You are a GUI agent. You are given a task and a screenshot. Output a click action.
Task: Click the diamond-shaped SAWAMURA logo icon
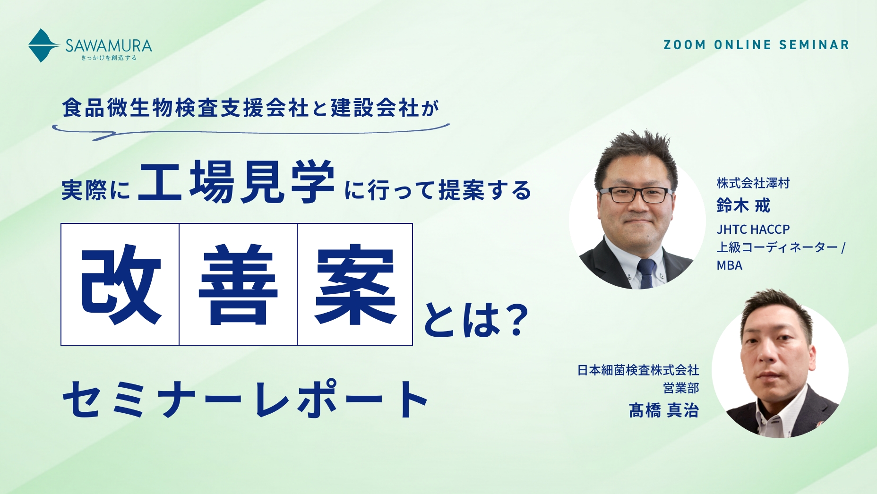coord(43,45)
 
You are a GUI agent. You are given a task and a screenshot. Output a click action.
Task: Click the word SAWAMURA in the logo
coord(109,45)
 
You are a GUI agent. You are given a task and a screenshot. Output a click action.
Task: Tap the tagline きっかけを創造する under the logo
coord(109,58)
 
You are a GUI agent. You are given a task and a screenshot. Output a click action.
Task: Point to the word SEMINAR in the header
coord(814,45)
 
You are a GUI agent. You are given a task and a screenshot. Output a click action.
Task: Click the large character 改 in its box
coord(121,284)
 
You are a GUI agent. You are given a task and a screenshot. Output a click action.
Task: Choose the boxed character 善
coord(238,284)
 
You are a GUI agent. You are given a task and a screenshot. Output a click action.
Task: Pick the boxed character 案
coord(355,284)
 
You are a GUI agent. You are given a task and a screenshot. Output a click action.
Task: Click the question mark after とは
coord(513,320)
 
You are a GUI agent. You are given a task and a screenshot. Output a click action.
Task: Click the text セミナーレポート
coord(245,400)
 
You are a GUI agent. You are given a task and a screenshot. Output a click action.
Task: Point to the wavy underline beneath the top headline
coord(250,130)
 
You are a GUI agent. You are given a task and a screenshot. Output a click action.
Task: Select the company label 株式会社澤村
coord(753,183)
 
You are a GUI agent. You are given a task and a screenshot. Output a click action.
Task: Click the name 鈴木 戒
coord(743,205)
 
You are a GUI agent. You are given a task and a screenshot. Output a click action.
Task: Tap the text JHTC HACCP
coord(753,230)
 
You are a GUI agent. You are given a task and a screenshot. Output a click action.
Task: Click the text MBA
coord(730,265)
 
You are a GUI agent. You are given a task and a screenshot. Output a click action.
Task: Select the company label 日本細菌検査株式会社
coord(638,370)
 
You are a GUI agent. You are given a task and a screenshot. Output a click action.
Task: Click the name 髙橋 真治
coord(664,410)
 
